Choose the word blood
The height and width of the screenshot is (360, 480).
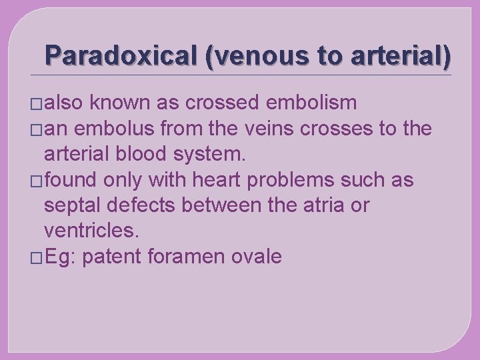[148, 154]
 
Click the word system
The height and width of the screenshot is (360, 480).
[212, 154]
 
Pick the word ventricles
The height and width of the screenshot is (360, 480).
[91, 231]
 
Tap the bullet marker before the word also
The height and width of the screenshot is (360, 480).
[35, 104]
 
